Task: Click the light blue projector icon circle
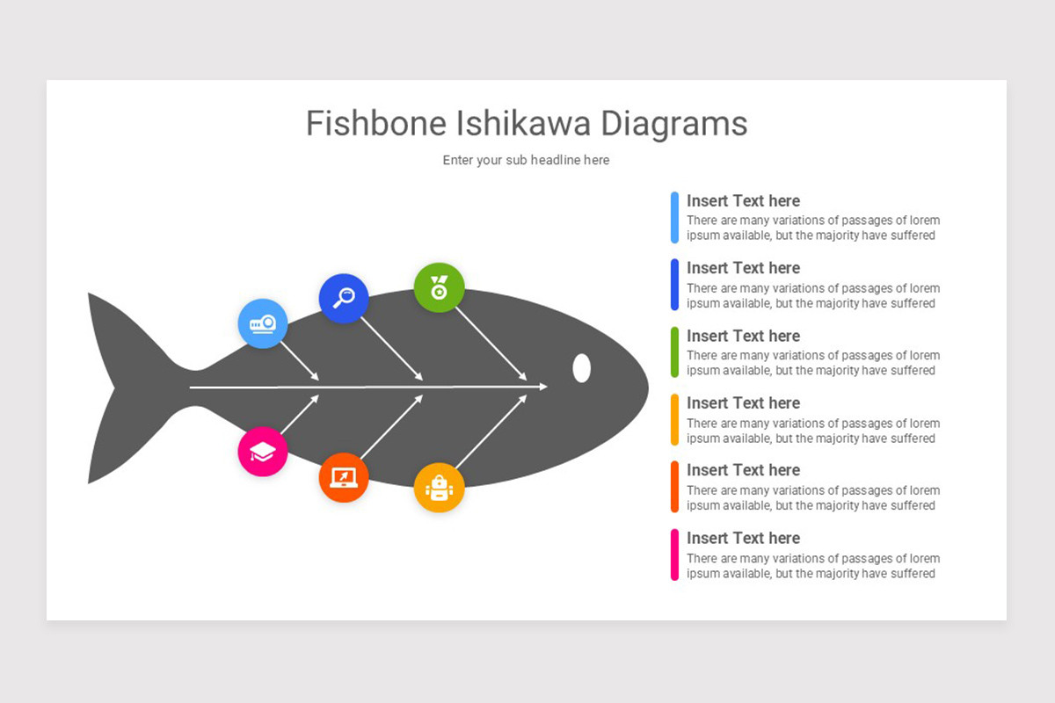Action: [263, 323]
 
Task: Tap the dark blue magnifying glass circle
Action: [344, 298]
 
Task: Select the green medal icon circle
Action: [439, 287]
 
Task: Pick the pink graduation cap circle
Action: [263, 452]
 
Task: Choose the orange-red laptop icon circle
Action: [344, 477]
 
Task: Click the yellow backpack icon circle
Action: [439, 488]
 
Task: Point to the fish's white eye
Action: [582, 367]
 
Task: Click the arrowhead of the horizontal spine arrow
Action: [543, 387]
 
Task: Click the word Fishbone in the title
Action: [376, 123]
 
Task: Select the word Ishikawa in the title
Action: [523, 123]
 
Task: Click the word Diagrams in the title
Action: [674, 124]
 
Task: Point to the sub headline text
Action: [526, 160]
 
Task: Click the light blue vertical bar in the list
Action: [674, 218]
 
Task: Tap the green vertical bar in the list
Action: [674, 351]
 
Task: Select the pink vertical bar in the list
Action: [674, 554]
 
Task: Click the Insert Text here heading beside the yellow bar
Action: [743, 403]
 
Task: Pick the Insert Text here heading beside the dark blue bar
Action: [743, 268]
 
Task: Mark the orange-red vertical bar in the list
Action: [674, 487]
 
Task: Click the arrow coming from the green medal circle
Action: [491, 344]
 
